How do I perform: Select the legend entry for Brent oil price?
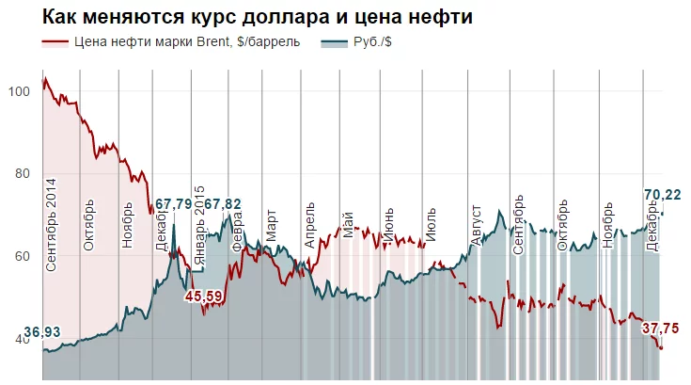(x=179, y=42)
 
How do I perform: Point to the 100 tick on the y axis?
(x=19, y=91)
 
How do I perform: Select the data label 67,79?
(x=174, y=203)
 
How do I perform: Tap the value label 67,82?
(x=223, y=203)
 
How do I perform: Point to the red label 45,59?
(x=203, y=297)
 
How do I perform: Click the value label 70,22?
(x=663, y=195)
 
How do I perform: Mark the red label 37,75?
(x=661, y=329)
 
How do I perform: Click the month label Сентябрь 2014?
(x=51, y=226)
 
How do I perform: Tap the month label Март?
(x=272, y=227)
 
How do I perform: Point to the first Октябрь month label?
(x=90, y=224)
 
